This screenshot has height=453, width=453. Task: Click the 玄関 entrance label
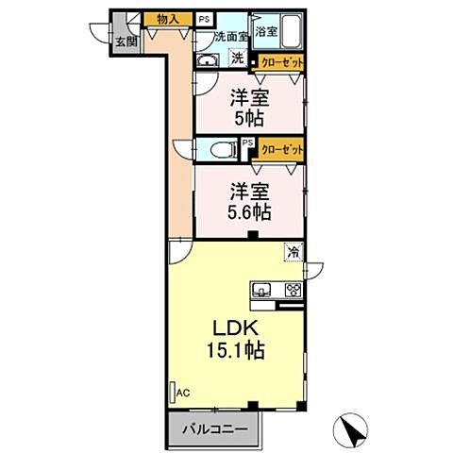[126, 41]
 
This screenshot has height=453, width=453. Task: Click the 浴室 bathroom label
[267, 31]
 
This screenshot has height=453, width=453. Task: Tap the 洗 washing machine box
[238, 59]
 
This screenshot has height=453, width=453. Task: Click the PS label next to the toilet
[246, 143]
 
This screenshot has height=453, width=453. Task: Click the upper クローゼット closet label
[283, 62]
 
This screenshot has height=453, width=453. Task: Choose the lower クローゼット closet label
[282, 149]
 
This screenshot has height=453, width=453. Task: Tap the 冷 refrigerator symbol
[295, 252]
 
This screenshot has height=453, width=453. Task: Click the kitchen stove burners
[293, 290]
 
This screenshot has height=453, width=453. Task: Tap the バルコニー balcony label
[214, 429]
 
